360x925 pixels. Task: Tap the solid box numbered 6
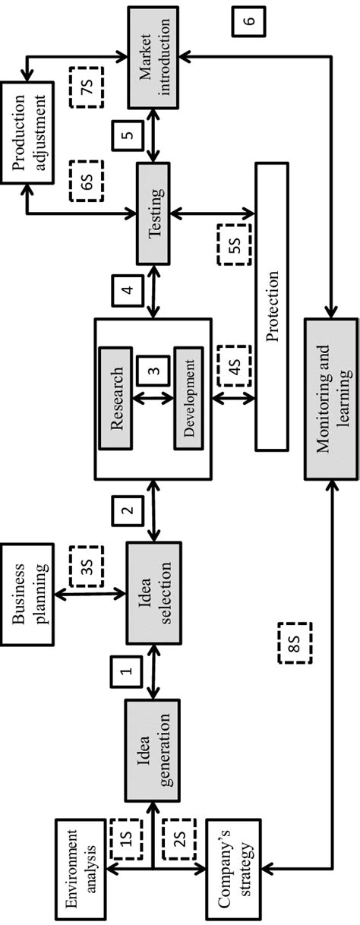pos(248,22)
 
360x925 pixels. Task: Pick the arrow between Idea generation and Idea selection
pos(155,668)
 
